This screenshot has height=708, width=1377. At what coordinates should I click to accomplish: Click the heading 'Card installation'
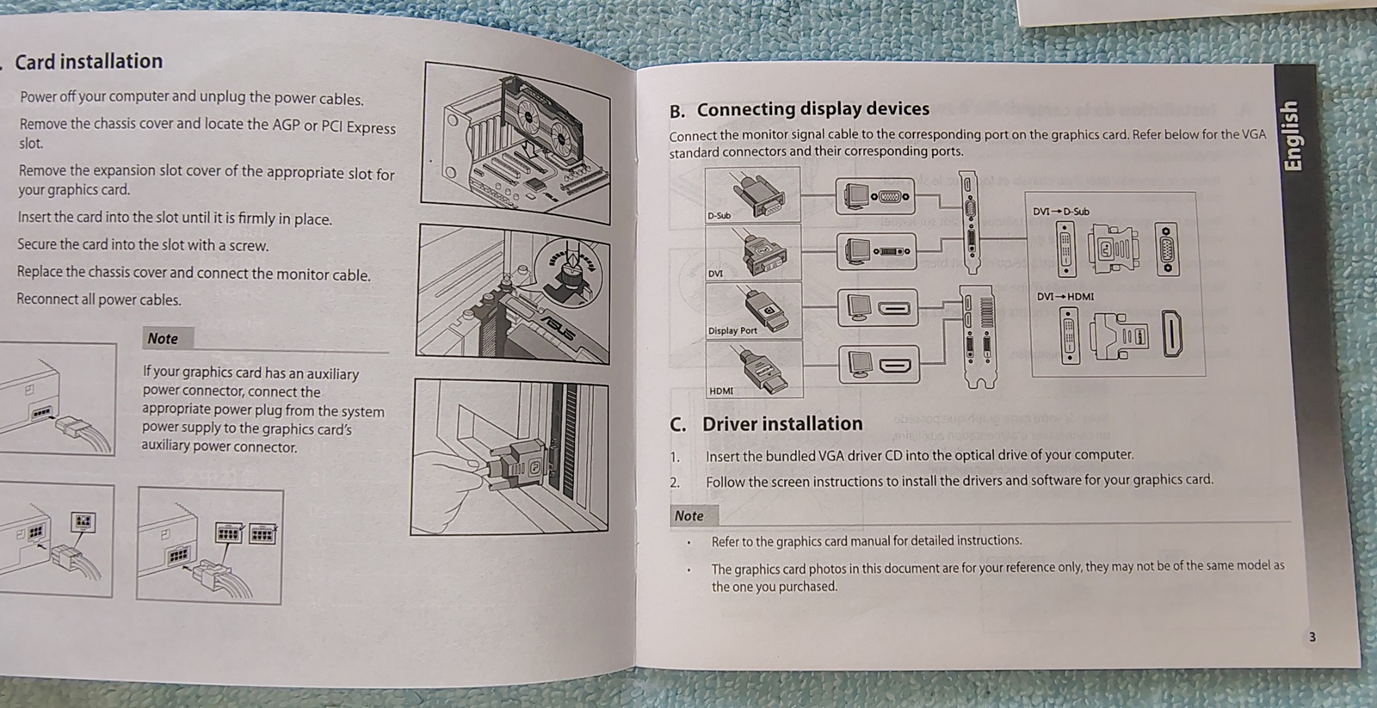pyautogui.click(x=89, y=62)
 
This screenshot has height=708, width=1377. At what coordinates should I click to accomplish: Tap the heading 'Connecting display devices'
pyautogui.click(x=812, y=109)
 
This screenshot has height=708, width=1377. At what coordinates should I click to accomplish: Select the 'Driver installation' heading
pyautogui.click(x=781, y=423)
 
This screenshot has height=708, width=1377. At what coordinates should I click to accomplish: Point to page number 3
pyautogui.click(x=1312, y=637)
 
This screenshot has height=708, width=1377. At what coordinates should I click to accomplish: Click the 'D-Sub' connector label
pyautogui.click(x=719, y=215)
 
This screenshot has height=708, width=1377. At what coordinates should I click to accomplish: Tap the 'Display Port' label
pyautogui.click(x=732, y=330)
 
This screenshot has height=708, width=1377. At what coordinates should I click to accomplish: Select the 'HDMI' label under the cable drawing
pyautogui.click(x=721, y=391)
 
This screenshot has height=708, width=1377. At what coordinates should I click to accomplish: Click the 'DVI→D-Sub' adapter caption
pyautogui.click(x=1060, y=212)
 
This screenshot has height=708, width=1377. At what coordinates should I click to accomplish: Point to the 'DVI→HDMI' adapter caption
pyautogui.click(x=1065, y=297)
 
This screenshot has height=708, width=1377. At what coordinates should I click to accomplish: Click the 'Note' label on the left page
pyautogui.click(x=163, y=339)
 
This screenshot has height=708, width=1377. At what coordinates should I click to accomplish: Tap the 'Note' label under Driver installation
pyautogui.click(x=688, y=515)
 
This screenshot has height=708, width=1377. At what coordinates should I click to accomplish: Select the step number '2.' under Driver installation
pyautogui.click(x=675, y=483)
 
